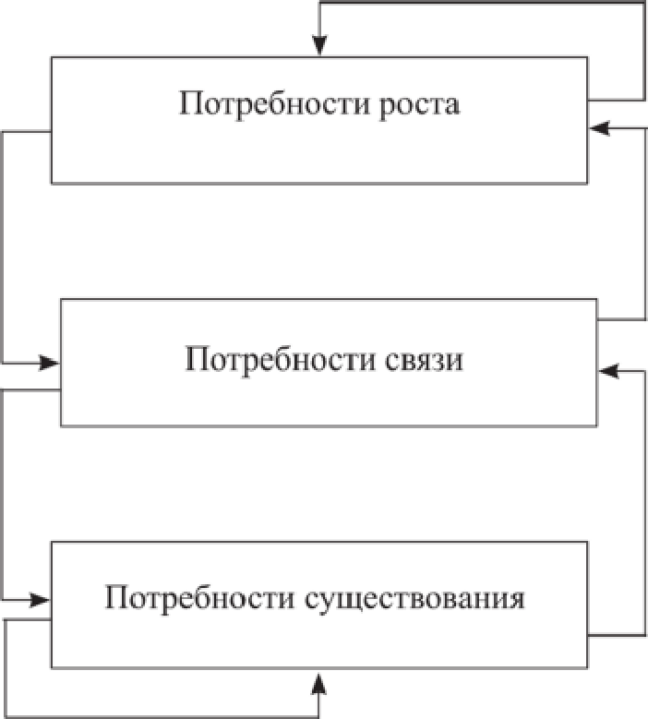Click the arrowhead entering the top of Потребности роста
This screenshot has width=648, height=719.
[x=319, y=46]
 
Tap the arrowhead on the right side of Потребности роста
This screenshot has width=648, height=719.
[x=600, y=129]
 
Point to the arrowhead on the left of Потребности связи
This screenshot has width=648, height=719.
[x=50, y=363]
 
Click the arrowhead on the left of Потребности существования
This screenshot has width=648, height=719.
[x=41, y=600]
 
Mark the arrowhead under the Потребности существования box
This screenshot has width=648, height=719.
[x=319, y=681]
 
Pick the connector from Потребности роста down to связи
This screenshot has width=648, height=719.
[x=3, y=249]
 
